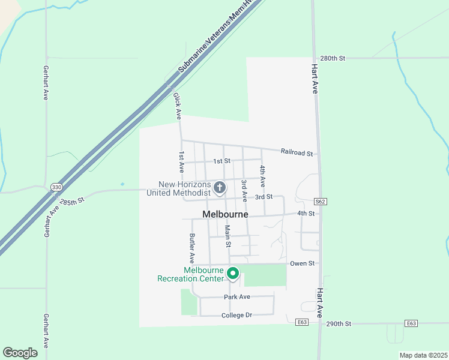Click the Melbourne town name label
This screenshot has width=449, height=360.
pyautogui.click(x=225, y=214)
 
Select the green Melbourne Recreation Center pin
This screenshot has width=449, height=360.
pyautogui.click(x=233, y=274)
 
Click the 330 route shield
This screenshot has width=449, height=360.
pyautogui.click(x=56, y=187)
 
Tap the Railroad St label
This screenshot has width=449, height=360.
pyautogui.click(x=297, y=153)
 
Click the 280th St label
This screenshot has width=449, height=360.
pyautogui.click(x=333, y=58)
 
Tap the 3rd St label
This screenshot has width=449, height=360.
pyautogui.click(x=264, y=197)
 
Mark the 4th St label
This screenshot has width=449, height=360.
pyautogui.click(x=306, y=214)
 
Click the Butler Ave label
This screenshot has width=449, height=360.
pyautogui.click(x=192, y=248)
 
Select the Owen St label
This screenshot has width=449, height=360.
pyautogui.click(x=302, y=263)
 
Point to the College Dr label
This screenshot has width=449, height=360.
pyautogui.click(x=236, y=315)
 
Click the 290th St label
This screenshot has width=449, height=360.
pyautogui.click(x=339, y=323)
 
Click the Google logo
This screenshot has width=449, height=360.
pyautogui.click(x=20, y=353)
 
